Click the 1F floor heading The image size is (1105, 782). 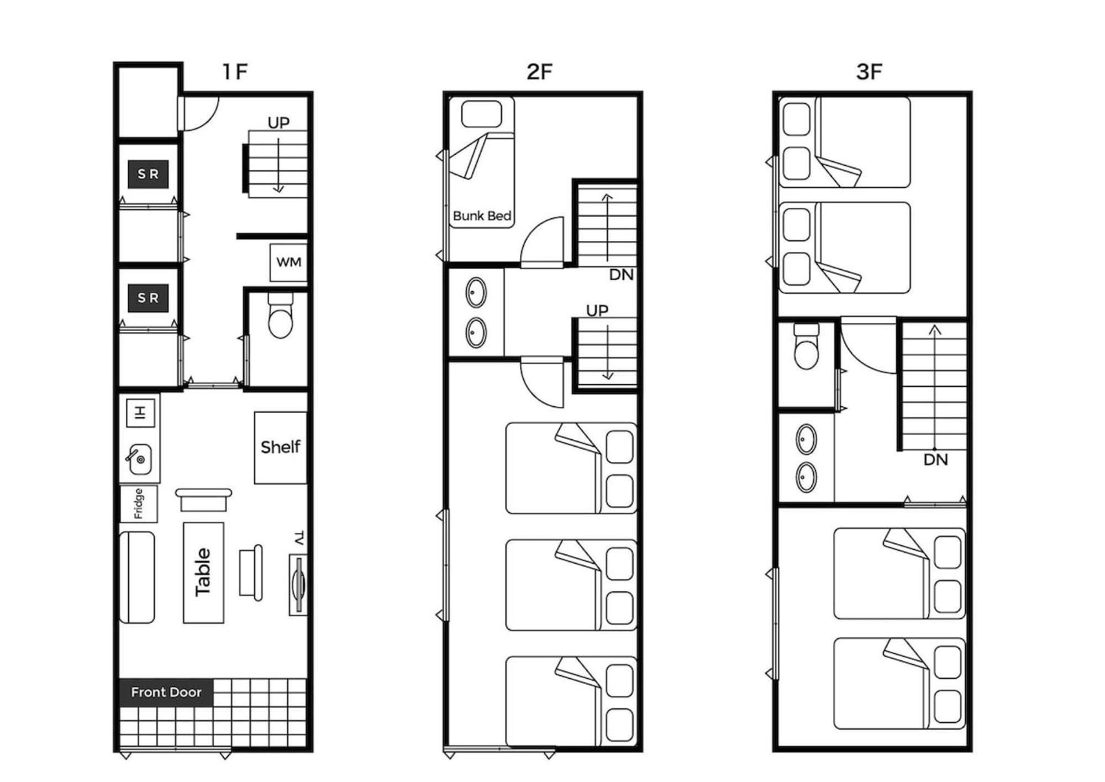point(235,71)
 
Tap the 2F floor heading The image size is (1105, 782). point(539,71)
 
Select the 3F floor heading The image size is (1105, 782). point(869,71)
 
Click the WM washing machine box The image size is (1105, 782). point(288,262)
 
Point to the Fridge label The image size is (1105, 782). point(139,503)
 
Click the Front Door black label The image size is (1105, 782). point(166,692)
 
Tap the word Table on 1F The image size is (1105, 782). point(203,572)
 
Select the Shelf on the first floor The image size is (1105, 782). point(281,447)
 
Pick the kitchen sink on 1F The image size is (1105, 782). point(140,459)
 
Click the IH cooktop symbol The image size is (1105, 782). point(140,412)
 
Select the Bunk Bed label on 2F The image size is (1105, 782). point(482,216)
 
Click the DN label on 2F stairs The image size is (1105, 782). point(622,275)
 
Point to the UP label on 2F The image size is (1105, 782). point(597,311)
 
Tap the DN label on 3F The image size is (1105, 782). point(936,460)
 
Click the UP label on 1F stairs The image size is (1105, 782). point(278,123)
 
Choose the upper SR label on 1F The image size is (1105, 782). point(148,174)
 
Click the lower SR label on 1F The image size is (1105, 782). point(148,298)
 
